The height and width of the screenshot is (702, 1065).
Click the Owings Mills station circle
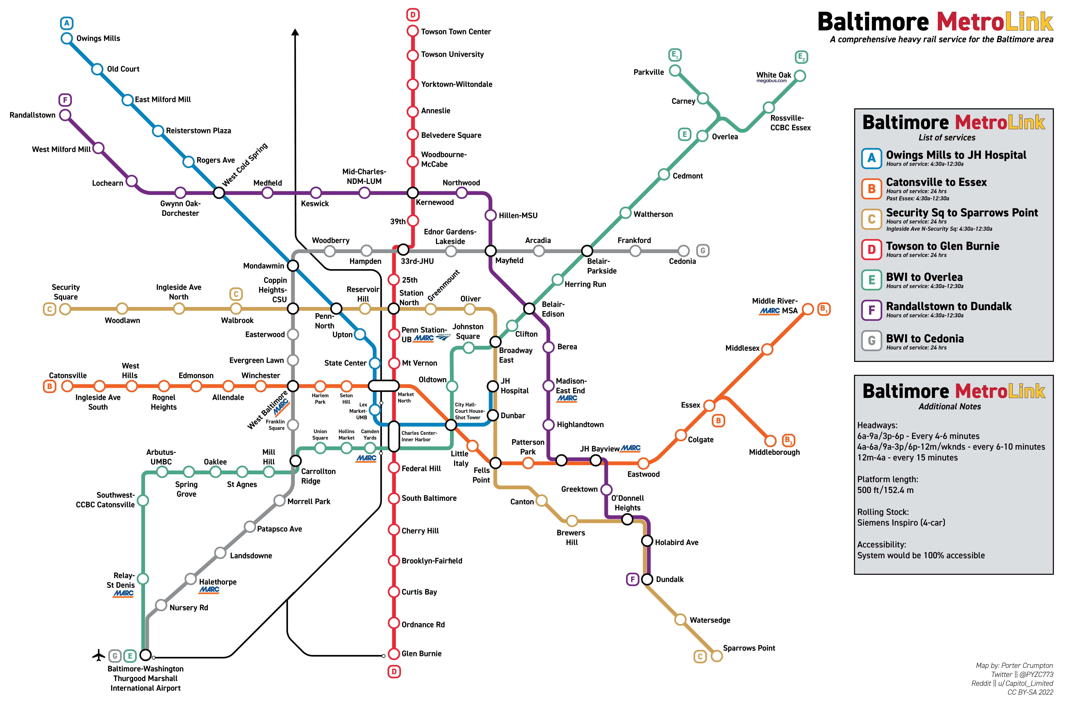[x=67, y=38]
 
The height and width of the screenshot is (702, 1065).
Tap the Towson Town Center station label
[x=456, y=32]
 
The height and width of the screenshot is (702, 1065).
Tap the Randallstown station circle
[x=65, y=115]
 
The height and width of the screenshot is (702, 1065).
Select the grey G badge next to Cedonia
[x=703, y=251]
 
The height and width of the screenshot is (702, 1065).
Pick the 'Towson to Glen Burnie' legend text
[x=942, y=246]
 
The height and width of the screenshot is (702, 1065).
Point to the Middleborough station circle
[x=770, y=441]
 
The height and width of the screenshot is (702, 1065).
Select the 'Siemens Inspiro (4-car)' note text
[x=901, y=522]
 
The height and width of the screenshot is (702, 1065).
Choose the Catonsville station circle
[x=67, y=386]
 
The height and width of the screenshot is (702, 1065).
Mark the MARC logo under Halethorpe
[x=209, y=590]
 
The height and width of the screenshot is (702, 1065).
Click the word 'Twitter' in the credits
[x=1001, y=674]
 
